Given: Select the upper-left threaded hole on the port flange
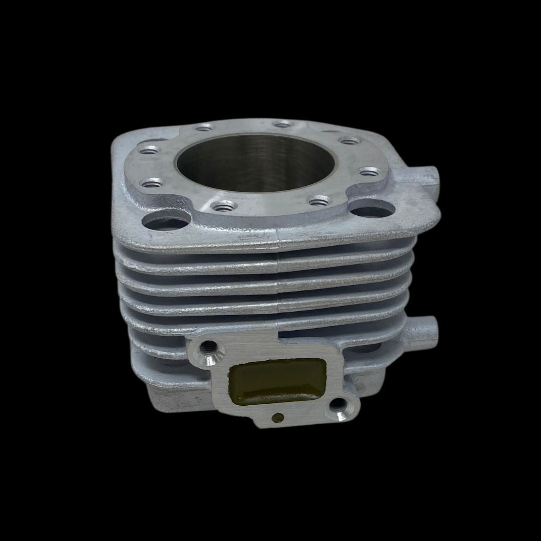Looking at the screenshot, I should click(207, 346).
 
